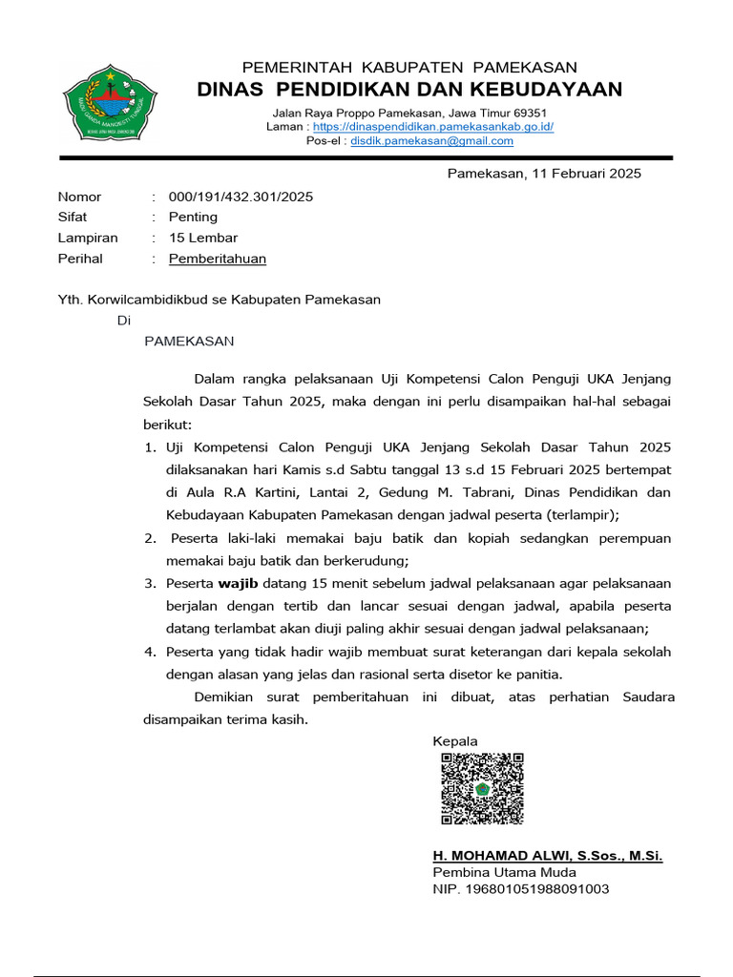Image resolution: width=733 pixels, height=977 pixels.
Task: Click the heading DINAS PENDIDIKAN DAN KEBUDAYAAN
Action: click(x=408, y=90)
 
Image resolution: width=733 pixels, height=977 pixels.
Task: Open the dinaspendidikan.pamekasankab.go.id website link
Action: click(x=432, y=126)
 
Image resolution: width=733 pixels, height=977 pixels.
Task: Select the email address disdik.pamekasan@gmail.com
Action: click(x=431, y=140)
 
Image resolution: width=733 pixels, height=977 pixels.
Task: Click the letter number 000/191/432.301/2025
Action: click(x=241, y=197)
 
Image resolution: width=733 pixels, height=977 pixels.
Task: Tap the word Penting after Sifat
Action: click(x=193, y=218)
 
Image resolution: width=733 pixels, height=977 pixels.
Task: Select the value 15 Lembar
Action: click(x=203, y=238)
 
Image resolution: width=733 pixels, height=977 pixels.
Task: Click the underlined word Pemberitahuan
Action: click(x=218, y=259)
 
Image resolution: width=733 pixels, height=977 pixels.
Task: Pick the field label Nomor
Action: click(x=79, y=197)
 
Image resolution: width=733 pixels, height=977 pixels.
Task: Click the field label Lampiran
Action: click(x=88, y=238)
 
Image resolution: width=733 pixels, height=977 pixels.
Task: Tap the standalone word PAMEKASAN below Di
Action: click(x=189, y=341)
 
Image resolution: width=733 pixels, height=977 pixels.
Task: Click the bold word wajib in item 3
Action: click(x=238, y=583)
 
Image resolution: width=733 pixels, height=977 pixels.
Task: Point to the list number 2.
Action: click(x=150, y=538)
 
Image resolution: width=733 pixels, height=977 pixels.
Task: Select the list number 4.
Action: click(x=150, y=652)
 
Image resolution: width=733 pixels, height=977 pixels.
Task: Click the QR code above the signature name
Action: click(x=482, y=788)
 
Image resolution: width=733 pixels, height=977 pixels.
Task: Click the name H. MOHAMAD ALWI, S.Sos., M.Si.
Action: click(x=547, y=856)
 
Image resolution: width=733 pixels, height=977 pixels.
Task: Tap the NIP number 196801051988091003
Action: click(x=521, y=888)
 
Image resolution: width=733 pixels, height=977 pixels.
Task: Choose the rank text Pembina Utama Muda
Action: click(x=504, y=872)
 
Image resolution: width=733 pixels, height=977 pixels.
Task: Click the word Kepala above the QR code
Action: click(x=455, y=741)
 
